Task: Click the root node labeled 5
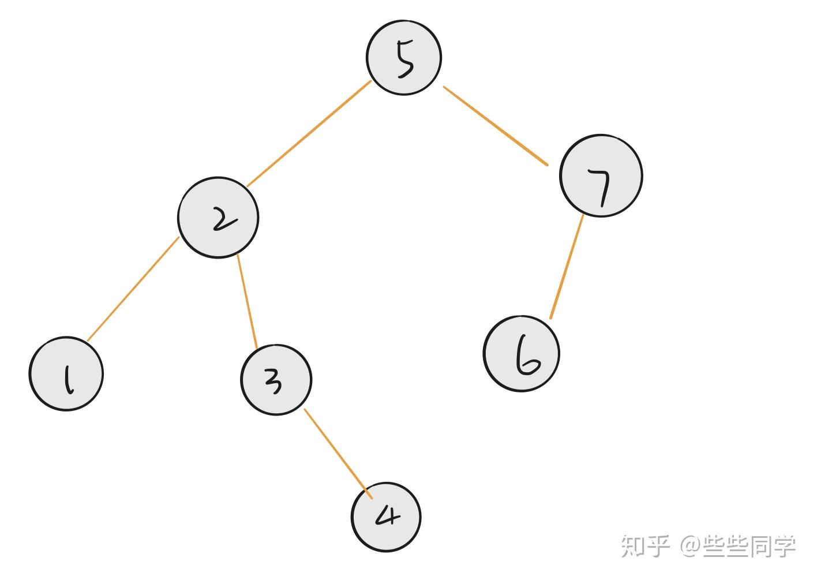tap(404, 58)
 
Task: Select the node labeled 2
tap(218, 218)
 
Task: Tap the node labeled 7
tap(601, 176)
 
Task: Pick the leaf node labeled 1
tap(66, 374)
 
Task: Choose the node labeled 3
tap(276, 380)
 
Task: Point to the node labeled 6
tap(522, 354)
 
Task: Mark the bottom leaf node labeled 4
tap(386, 517)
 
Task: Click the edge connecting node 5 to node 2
tap(309, 134)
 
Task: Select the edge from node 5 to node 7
tap(495, 126)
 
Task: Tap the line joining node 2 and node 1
tap(133, 289)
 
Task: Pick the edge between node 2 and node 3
tap(247, 301)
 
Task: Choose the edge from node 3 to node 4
tap(338, 454)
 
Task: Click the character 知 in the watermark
tap(633, 546)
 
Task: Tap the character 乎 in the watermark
tap(658, 546)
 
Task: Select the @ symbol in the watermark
tap(689, 546)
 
